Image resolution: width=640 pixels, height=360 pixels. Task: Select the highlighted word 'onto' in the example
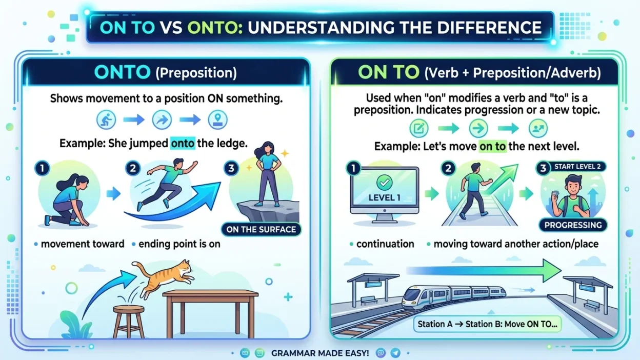click(183, 143)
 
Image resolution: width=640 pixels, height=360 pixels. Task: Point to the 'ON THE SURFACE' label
click(261, 229)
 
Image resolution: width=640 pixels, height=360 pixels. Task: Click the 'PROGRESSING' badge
click(573, 225)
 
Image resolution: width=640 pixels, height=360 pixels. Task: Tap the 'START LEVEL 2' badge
click(571, 167)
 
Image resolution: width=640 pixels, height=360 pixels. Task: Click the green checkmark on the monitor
click(384, 182)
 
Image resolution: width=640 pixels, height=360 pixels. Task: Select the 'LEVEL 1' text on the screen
click(384, 198)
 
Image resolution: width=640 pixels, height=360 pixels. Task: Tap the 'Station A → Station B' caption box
click(487, 324)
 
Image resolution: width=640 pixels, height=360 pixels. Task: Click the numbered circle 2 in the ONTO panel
click(133, 168)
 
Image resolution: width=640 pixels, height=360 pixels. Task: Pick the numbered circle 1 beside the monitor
click(353, 168)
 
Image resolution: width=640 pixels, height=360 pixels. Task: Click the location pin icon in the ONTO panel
click(218, 119)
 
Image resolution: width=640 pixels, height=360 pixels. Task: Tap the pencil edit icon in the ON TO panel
click(419, 128)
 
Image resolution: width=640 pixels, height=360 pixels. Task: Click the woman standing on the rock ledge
click(267, 174)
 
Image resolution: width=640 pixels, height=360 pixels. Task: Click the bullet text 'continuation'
click(385, 244)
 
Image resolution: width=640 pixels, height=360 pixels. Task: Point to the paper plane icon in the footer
click(395, 353)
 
